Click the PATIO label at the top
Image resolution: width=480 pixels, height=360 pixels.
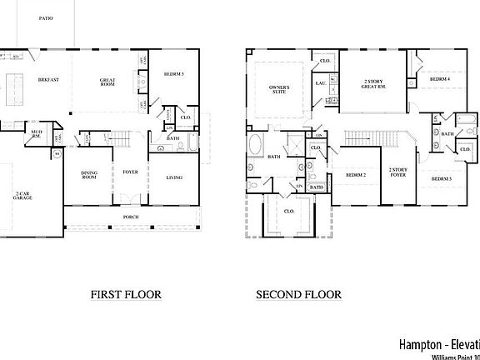(45, 17)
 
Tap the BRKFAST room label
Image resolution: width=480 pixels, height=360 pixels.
(48, 79)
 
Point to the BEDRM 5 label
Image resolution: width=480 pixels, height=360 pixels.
(174, 73)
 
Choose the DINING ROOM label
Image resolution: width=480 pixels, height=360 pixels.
(89, 176)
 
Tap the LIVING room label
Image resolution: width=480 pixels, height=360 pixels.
(174, 177)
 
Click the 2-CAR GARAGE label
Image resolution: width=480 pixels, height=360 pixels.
(22, 197)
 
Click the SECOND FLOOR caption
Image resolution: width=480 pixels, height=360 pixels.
(298, 294)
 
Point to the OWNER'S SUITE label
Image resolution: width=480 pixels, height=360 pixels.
(279, 90)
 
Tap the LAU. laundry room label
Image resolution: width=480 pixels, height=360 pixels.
(320, 82)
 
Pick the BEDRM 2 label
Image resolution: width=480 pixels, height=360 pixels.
(357, 175)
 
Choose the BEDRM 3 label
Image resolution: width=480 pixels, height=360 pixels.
(442, 179)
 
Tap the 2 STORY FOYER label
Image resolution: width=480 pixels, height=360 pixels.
(398, 172)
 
